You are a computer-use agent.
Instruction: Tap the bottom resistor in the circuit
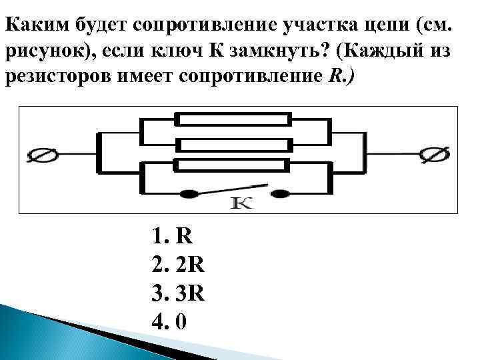(x=233, y=165)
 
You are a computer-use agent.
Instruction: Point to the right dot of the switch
(x=282, y=194)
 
